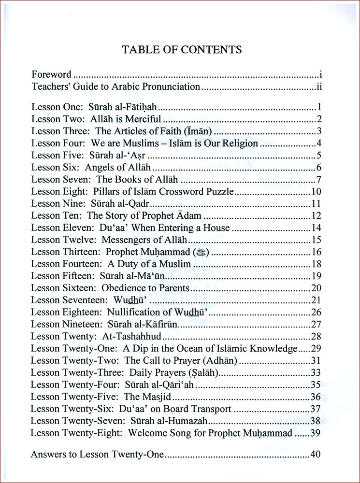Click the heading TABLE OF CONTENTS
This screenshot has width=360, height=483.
pos(182,49)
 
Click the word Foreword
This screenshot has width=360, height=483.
pos(51,74)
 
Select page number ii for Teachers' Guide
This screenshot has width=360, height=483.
pos(319,87)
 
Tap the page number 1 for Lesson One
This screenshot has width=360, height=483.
pos(320,107)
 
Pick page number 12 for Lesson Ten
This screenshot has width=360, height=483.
pos(317,215)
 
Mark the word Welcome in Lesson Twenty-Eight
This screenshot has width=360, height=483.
pos(148,433)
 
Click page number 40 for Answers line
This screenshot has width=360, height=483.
pos(316,455)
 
